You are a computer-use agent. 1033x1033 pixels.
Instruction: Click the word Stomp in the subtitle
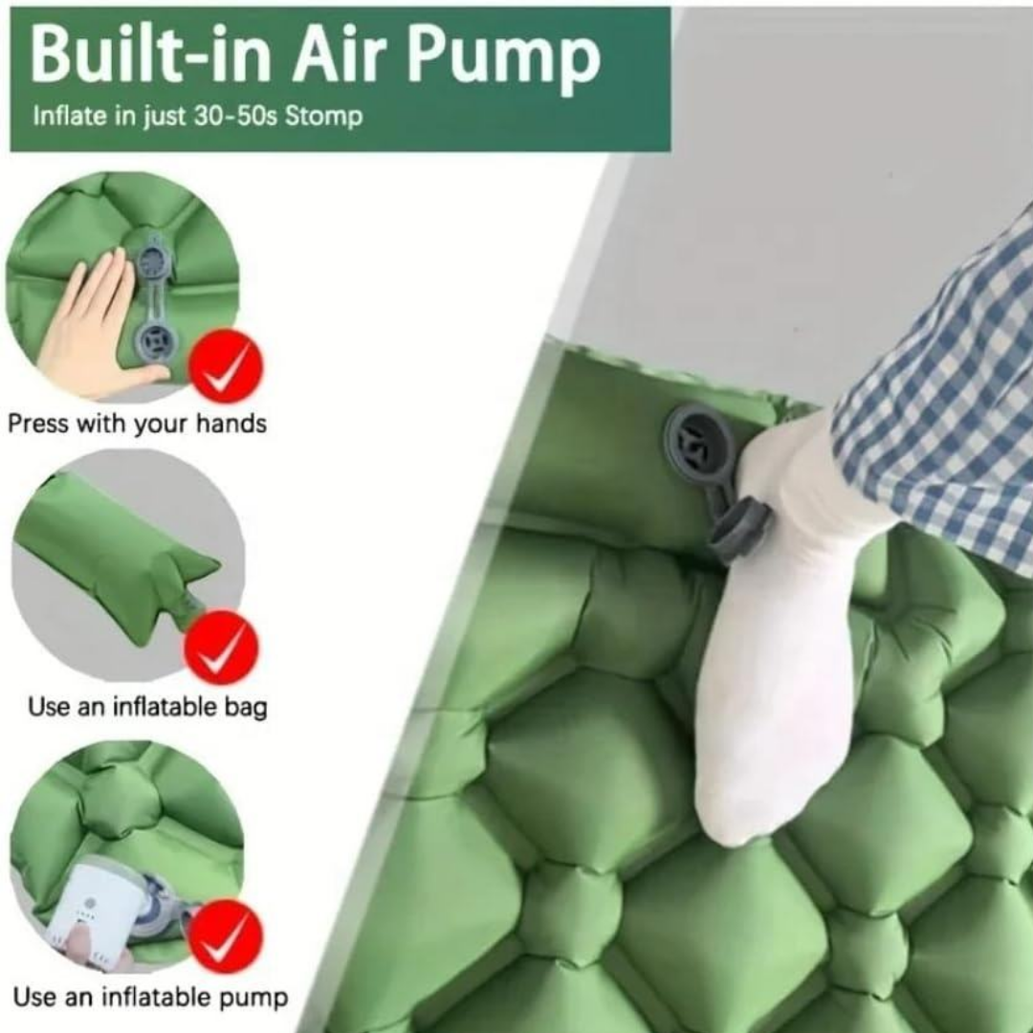[x=323, y=117]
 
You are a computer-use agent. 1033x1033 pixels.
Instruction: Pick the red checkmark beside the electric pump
[x=226, y=936]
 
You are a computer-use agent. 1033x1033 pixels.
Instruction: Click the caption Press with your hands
[x=137, y=424]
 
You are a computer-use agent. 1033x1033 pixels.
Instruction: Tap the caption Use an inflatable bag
[x=147, y=707]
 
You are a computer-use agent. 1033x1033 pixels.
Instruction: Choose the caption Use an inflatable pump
[x=150, y=997]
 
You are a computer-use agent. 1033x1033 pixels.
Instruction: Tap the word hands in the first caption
[x=231, y=423]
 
